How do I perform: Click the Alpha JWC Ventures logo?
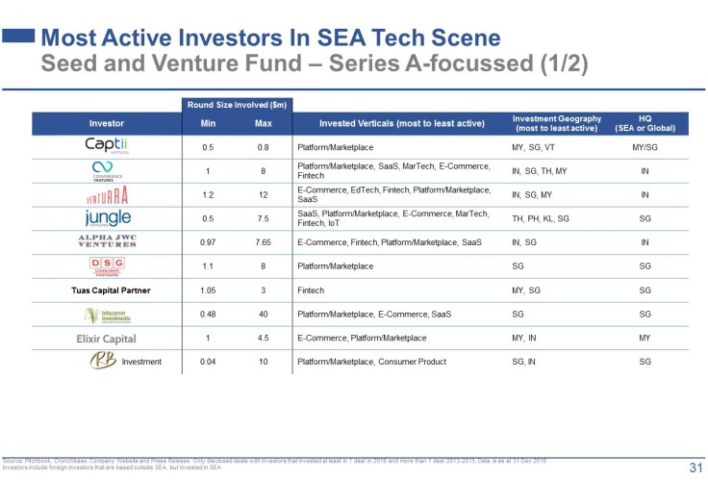pyautogui.click(x=107, y=241)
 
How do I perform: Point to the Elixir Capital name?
pyautogui.click(x=107, y=339)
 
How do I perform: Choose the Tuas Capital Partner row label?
pyautogui.click(x=107, y=291)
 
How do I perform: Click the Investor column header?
pyautogui.click(x=107, y=123)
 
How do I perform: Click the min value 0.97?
pyautogui.click(x=209, y=242)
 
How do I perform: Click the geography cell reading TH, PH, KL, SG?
pyautogui.click(x=542, y=218)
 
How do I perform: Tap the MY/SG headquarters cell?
pyautogui.click(x=645, y=146)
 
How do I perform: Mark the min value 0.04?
pyautogui.click(x=209, y=362)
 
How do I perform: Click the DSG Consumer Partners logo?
pyautogui.click(x=107, y=266)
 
